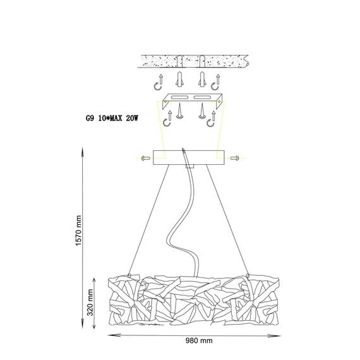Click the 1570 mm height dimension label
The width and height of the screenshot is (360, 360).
78,231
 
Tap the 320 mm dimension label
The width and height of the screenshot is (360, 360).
90,303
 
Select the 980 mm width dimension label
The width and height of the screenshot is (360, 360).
199,340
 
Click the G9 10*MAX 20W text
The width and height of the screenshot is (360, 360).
112,118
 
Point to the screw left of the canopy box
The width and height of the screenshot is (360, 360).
145,158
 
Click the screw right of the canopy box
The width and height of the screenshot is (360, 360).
235,158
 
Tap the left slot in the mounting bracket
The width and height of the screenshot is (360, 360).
180,97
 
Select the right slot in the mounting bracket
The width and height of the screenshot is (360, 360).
202,97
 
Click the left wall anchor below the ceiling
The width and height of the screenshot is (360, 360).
180,80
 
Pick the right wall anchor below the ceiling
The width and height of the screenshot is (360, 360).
202,80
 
